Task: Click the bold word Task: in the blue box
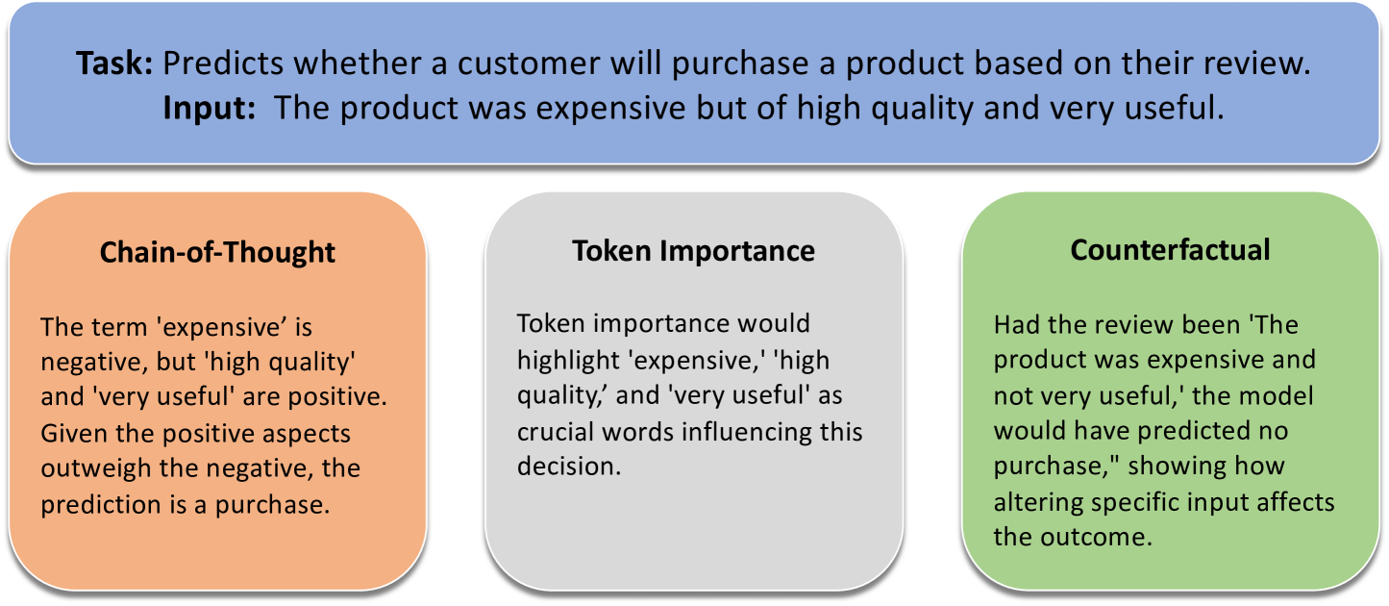114,63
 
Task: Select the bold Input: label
210,109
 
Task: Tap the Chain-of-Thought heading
217,252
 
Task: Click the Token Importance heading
693,252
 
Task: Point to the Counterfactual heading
1170,250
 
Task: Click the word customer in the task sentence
529,63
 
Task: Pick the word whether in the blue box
358,63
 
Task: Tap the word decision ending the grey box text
569,467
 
